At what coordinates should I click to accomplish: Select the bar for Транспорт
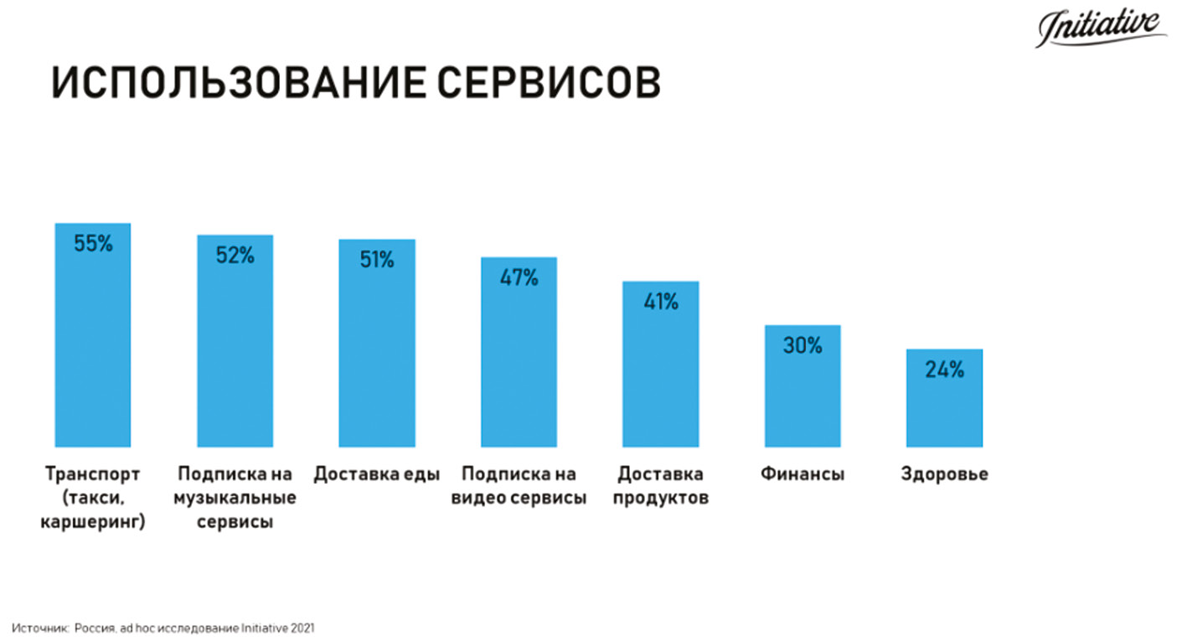point(92,352)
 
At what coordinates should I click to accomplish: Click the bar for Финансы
point(803,394)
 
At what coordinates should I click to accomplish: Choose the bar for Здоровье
point(944,406)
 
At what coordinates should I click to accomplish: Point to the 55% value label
point(92,245)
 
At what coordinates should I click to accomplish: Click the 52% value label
point(235,256)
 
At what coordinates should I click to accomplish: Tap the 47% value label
point(519,278)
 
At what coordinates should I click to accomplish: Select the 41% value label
point(660,303)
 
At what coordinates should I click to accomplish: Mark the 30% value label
point(803,345)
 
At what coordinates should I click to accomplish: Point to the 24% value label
point(944,370)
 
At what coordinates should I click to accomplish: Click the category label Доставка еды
point(377,474)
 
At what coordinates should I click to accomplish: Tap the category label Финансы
point(803,474)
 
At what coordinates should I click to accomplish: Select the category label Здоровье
point(944,474)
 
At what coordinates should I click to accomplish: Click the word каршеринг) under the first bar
point(92,522)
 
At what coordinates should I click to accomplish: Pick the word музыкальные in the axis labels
point(235,499)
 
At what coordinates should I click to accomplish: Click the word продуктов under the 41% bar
point(660,499)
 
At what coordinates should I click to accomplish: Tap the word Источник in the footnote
point(39,627)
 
